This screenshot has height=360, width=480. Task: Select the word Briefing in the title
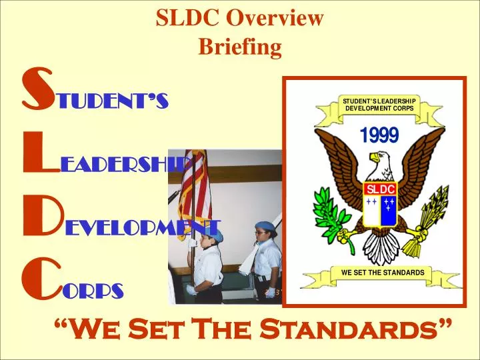click(x=240, y=47)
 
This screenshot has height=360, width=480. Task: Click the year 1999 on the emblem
click(x=379, y=135)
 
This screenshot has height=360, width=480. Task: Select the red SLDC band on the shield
click(x=381, y=189)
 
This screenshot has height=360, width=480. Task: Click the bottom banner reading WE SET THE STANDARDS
click(x=382, y=273)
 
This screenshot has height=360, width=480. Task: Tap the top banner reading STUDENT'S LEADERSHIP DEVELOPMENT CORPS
click(x=379, y=105)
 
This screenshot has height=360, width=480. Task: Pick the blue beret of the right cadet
click(x=263, y=227)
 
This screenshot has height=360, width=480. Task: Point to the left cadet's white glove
click(x=191, y=290)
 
